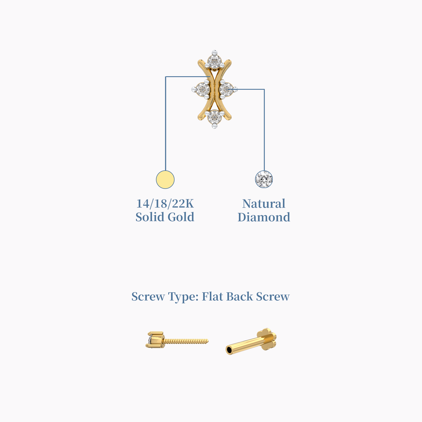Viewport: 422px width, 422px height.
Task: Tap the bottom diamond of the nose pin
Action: coord(214,116)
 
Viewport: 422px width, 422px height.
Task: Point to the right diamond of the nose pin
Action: coord(226,89)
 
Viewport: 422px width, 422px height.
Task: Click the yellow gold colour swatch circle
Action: coord(165,180)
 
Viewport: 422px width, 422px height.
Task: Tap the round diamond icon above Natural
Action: coord(264,179)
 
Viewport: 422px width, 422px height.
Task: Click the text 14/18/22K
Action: coord(165,204)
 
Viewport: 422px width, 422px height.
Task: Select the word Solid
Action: coord(150,217)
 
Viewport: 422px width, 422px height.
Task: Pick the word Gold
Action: coord(181,217)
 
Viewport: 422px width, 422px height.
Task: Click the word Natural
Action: coord(264,204)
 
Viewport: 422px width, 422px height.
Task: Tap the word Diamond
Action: coord(264,217)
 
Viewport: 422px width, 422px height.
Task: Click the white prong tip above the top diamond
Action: coord(214,52)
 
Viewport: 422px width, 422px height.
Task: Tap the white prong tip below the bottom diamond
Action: coord(214,126)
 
